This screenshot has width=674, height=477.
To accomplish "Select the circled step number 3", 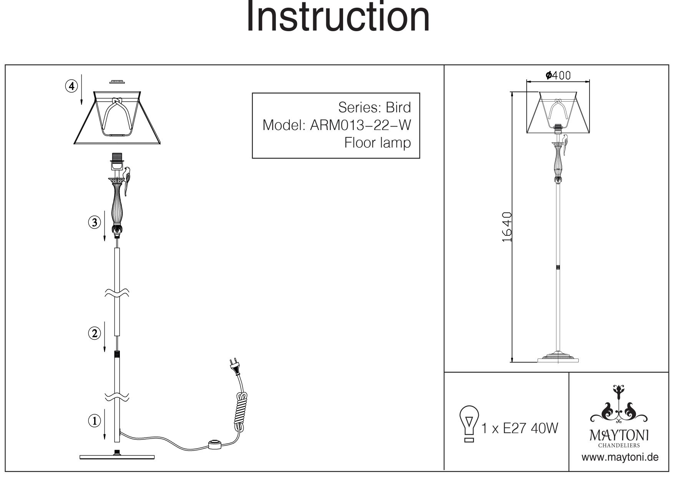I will [95, 222].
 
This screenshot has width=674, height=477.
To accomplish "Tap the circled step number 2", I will [95, 333].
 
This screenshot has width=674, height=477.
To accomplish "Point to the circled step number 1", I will [95, 421].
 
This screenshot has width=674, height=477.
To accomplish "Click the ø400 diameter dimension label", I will [558, 75].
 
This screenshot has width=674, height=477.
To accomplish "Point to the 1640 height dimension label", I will [507, 227].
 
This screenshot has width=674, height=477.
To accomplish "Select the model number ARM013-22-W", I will [360, 125].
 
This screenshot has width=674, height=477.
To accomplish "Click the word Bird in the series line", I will [398, 107].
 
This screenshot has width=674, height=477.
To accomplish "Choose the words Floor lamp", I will [377, 143].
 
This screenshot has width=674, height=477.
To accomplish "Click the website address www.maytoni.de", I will [620, 457].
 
